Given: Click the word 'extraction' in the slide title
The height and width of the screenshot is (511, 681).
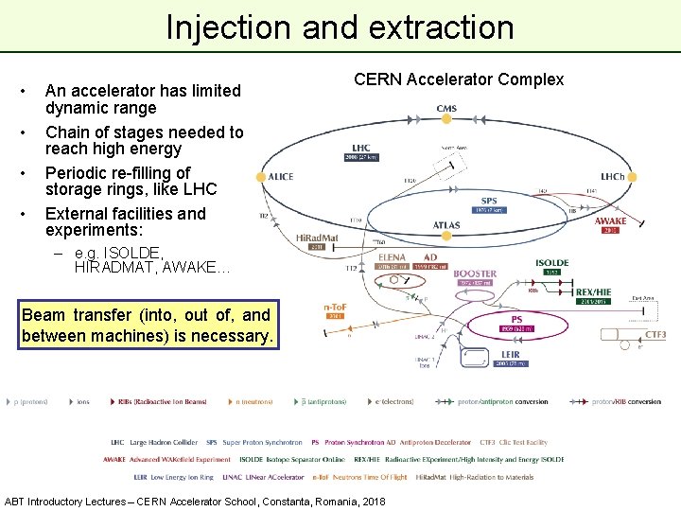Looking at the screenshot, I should [444, 27].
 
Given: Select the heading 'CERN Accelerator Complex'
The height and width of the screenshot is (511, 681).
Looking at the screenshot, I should [459, 79].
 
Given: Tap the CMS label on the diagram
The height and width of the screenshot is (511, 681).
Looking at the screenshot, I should [446, 109].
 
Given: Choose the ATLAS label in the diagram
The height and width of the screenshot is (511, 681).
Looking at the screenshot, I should [446, 225].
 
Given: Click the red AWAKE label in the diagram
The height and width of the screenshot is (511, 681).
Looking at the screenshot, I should [610, 220].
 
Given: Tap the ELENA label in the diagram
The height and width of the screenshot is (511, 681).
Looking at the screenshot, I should [391, 256].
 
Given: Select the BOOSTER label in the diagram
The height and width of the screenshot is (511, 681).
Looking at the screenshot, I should [475, 273].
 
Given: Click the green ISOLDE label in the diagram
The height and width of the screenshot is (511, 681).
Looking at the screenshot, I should [552, 263].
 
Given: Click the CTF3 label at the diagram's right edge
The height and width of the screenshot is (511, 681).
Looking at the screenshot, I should [655, 334].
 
